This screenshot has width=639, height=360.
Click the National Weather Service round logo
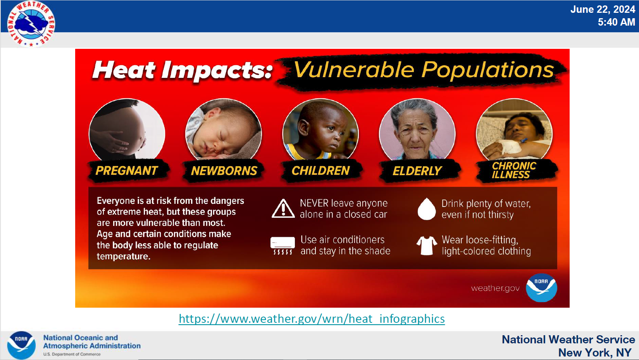click(x=31, y=24)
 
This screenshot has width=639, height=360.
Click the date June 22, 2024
click(x=603, y=9)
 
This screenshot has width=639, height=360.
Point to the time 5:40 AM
click(x=617, y=22)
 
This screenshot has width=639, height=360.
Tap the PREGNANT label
click(x=127, y=171)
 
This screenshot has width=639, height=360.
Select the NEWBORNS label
click(x=224, y=171)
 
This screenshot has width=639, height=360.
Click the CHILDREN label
click(x=320, y=171)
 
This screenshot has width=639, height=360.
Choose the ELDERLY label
click(x=417, y=171)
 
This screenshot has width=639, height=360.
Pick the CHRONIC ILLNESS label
click(x=514, y=170)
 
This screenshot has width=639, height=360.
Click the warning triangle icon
click(x=283, y=208)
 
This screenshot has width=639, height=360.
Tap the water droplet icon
click(x=427, y=209)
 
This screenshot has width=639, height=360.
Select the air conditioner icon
click(x=282, y=245)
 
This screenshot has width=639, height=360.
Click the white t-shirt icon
click(x=427, y=245)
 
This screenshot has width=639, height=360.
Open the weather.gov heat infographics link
click(x=312, y=319)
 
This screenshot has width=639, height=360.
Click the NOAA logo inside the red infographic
click(x=541, y=288)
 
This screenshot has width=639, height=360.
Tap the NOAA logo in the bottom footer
click(x=21, y=345)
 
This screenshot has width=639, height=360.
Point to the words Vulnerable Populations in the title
click(x=423, y=70)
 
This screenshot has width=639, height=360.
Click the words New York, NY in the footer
click(x=595, y=353)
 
